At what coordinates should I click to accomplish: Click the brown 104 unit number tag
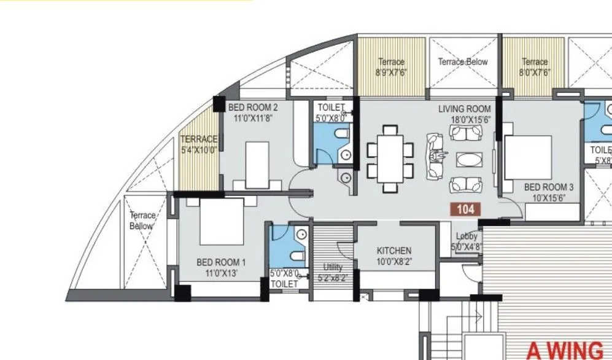pos(466,209)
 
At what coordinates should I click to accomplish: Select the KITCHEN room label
pos(393,251)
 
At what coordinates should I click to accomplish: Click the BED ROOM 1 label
pos(222,262)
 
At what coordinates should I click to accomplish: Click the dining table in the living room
pos(390,158)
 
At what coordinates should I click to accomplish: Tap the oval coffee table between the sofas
pos(470,159)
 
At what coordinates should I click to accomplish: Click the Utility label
pos(332,267)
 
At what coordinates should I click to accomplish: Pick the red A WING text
pos(565,350)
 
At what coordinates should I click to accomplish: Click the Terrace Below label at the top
pos(463,62)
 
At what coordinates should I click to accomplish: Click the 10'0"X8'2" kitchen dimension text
pos(393,260)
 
